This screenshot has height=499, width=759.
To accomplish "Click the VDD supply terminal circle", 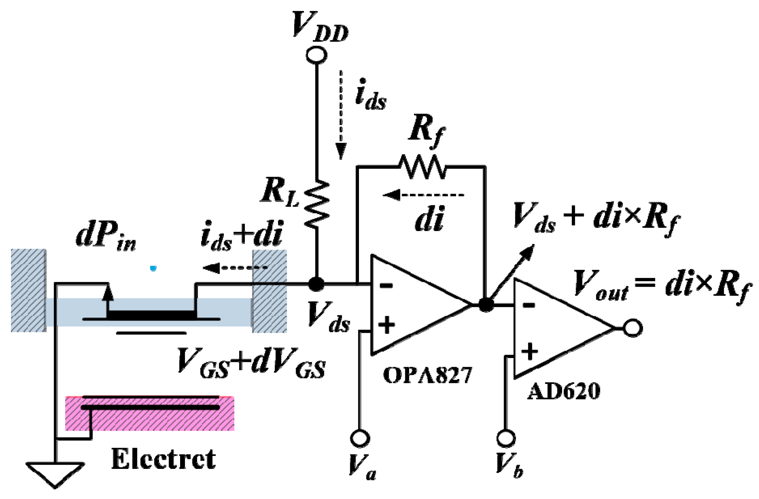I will tap(316, 55).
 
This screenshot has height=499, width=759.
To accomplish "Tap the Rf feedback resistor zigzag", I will tap(422, 167).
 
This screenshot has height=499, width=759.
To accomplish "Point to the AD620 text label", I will tap(564, 391).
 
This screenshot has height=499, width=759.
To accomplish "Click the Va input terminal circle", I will tap(360, 438).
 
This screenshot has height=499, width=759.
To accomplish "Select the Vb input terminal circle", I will tap(506, 438).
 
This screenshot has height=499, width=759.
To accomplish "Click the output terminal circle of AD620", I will tap(633, 328).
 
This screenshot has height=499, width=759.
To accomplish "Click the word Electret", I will tap(164, 459).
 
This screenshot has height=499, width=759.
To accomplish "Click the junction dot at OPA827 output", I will tap(486, 305).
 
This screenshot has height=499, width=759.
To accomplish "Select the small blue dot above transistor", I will tap(153, 268).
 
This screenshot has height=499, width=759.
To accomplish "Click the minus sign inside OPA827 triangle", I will tap(386, 285).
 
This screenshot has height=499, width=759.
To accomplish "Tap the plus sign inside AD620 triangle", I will tap(530, 352).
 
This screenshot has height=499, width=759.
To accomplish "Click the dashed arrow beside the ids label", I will tap(341, 115).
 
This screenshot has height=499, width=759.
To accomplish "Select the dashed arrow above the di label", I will tap(424, 195).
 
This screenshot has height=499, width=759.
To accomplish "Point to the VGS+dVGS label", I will tap(251, 363).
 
